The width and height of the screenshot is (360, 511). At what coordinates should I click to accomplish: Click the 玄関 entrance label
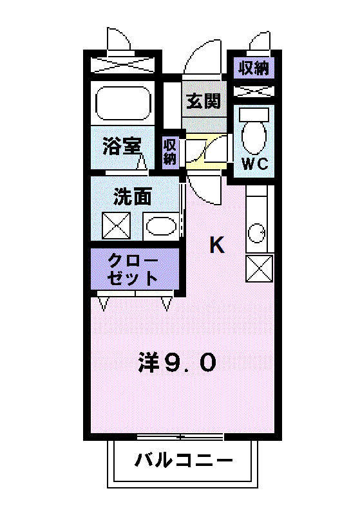204,100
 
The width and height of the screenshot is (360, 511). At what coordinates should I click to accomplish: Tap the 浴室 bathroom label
122,146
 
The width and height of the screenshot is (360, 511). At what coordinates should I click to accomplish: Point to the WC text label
254,163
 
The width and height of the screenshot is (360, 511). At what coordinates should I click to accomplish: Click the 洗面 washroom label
133,197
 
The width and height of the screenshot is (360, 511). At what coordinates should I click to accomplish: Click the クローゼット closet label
133,269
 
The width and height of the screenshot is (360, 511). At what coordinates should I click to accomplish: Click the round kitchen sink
256,232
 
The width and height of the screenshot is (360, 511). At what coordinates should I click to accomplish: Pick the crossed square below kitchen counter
259,268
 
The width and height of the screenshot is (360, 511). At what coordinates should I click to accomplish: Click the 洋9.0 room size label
176,363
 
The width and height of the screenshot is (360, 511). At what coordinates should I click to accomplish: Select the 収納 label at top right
254,67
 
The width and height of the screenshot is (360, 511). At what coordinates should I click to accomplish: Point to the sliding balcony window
180,438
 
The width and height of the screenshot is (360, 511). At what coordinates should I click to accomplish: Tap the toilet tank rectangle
254,113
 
